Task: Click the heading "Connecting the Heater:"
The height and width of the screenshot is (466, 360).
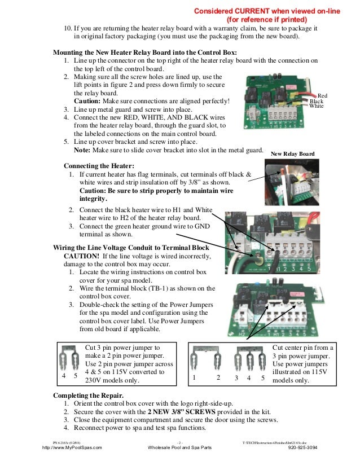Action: (99, 166)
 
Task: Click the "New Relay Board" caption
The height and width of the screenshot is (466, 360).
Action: (292, 153)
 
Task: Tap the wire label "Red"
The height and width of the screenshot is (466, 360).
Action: (323, 96)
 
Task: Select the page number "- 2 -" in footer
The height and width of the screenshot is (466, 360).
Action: (180, 441)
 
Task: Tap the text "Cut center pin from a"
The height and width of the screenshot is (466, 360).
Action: (303, 348)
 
